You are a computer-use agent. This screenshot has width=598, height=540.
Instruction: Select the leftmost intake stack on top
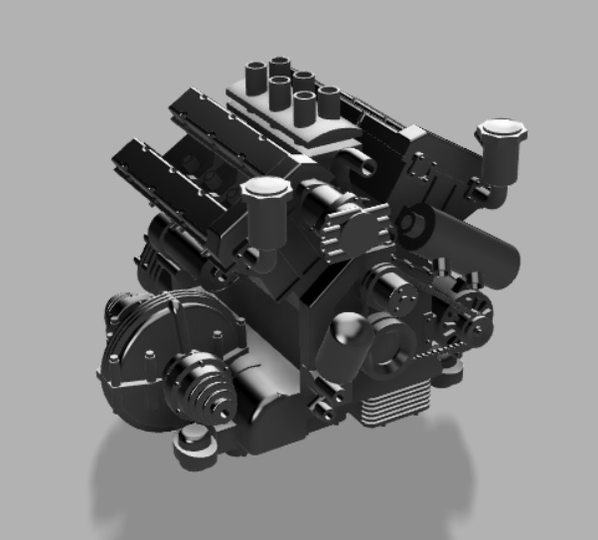click(255, 72)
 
